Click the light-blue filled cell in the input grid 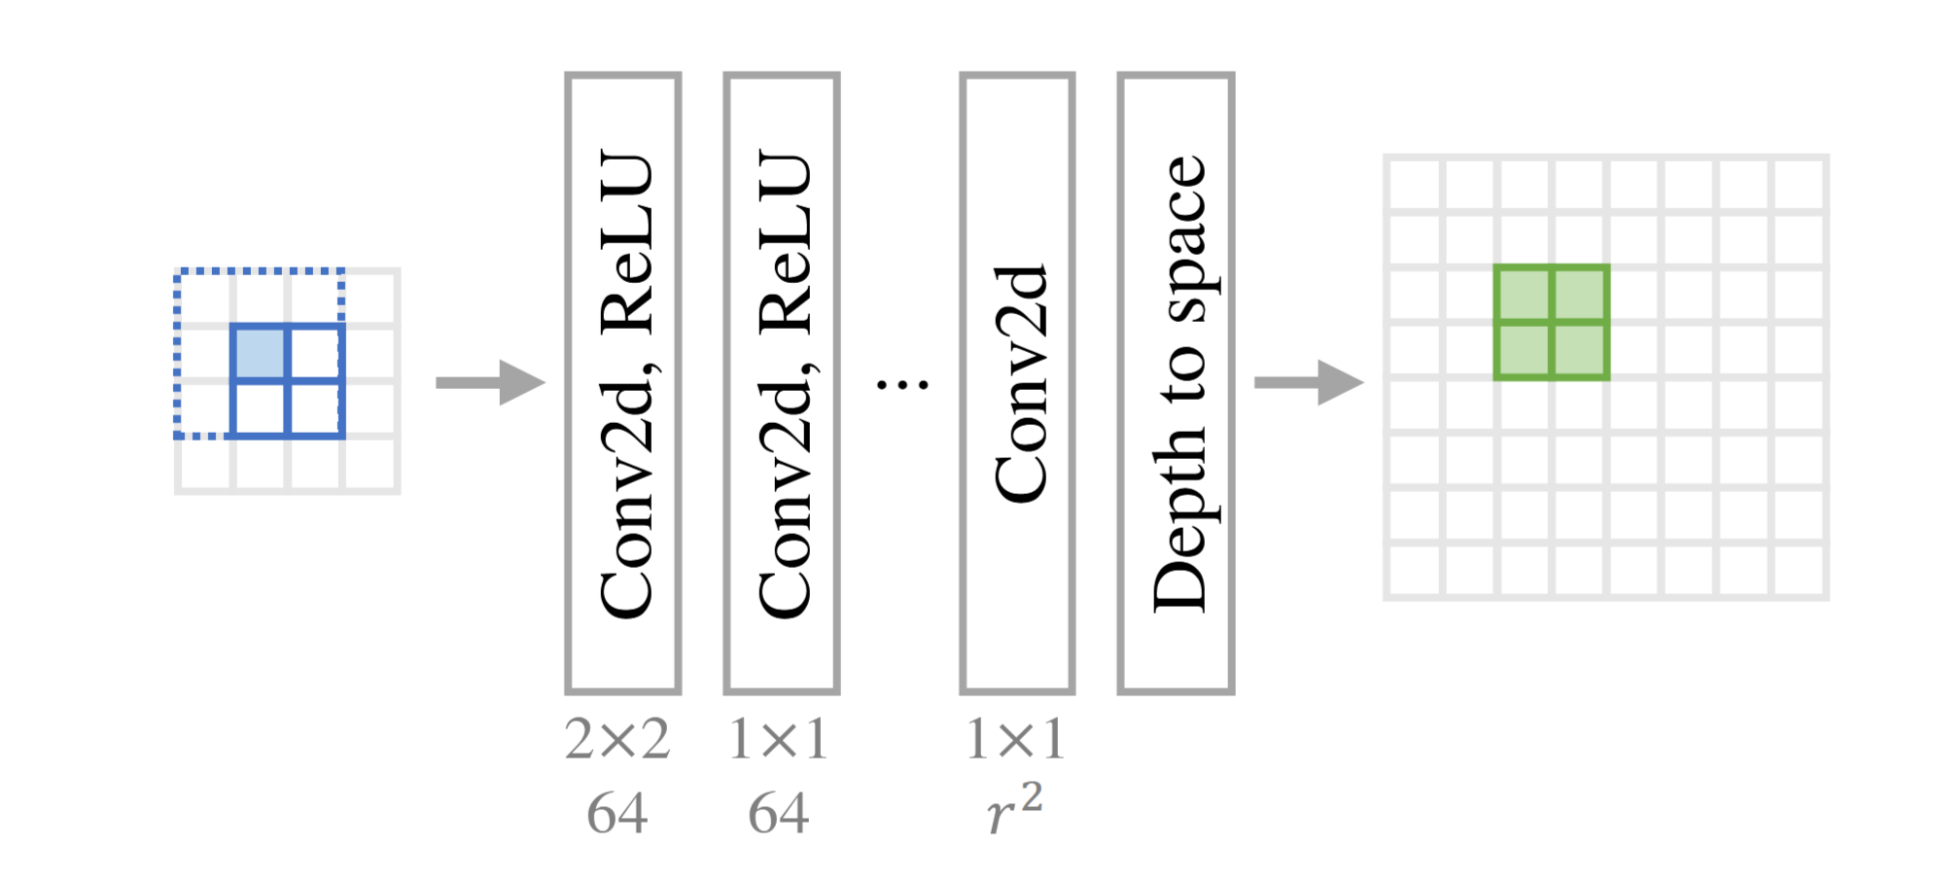click(x=261, y=353)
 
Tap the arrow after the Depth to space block click(x=1308, y=382)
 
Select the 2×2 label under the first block click(x=617, y=740)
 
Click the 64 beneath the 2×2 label click(x=617, y=813)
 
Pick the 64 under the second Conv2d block click(x=778, y=813)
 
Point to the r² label click(x=1014, y=809)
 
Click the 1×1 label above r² click(x=1014, y=740)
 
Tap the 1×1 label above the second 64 click(x=778, y=740)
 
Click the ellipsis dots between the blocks click(x=902, y=385)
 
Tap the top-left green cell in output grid click(x=1524, y=295)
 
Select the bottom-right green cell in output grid click(x=1579, y=350)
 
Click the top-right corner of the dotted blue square click(x=341, y=271)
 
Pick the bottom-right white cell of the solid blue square click(x=316, y=408)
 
